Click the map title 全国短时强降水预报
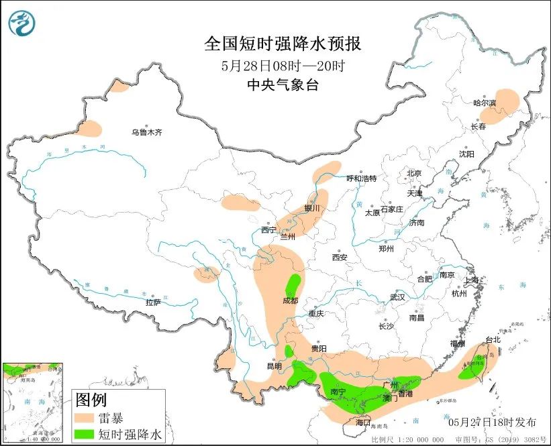pos(282,44)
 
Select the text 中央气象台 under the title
pos(282,85)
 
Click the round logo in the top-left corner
pos(23,23)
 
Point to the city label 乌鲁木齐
pos(146,133)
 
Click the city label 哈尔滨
pos(485,103)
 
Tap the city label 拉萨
pos(153,302)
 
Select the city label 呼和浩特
pos(361,178)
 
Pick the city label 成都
pos(290,301)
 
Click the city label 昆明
pos(274,366)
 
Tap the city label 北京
pos(413,173)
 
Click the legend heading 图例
pos(91,400)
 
